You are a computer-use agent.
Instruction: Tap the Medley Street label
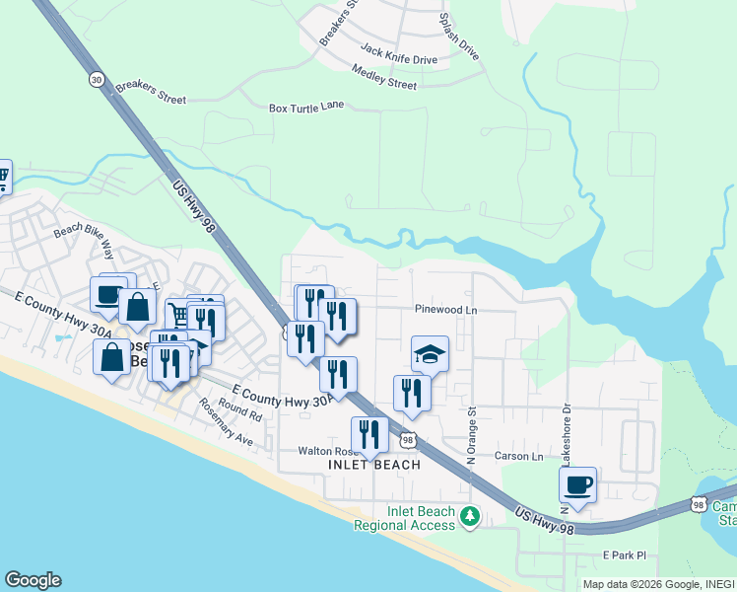point(383,77)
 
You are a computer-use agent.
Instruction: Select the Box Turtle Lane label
point(306,105)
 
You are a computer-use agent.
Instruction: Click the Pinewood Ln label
point(445,309)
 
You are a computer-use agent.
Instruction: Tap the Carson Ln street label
point(518,457)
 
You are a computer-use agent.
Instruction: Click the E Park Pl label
point(624,555)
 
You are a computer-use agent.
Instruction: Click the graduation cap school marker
point(430,353)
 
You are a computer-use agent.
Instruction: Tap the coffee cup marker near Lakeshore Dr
point(577,484)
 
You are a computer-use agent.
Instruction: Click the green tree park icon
point(470,515)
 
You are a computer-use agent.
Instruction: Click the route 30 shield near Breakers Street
point(96,80)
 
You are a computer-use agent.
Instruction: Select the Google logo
point(33,580)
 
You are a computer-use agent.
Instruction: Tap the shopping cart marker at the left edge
point(3,177)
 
